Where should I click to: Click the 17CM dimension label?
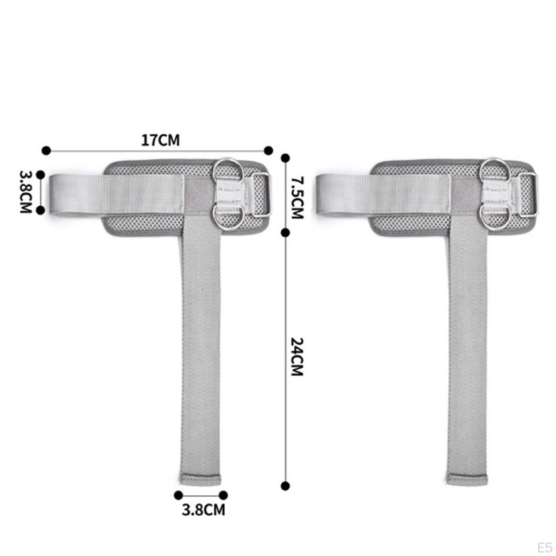point(160,140)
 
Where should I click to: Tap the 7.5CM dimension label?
point(297,198)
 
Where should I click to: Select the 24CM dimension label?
point(297,357)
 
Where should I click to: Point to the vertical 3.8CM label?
point(26,192)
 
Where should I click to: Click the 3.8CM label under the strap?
point(204,509)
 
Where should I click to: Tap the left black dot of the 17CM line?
point(46,150)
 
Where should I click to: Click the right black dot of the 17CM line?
point(268,150)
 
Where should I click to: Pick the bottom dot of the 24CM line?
point(285,486)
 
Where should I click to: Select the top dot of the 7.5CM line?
point(285,158)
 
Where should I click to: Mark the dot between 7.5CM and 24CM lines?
point(285,232)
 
